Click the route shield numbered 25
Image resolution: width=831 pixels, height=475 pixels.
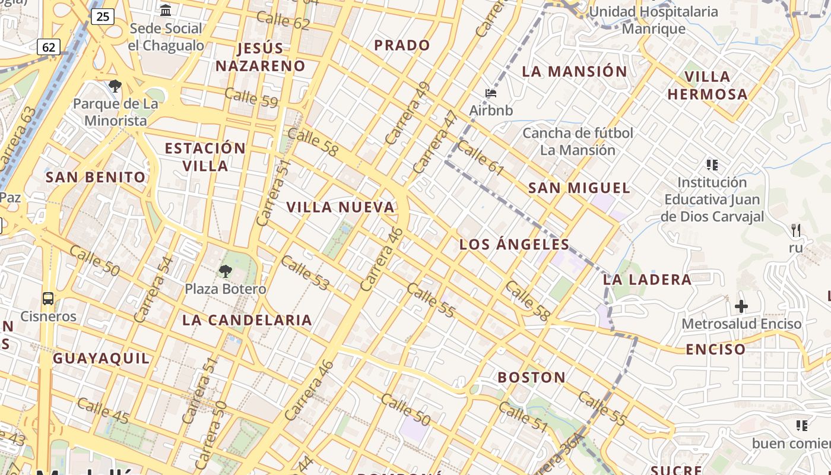[103, 16]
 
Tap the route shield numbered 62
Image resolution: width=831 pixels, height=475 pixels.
[49, 46]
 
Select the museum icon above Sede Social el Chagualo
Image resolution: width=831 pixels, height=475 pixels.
[166, 10]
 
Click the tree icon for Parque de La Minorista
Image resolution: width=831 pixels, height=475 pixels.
[115, 86]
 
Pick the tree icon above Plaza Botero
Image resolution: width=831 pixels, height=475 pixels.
[225, 271]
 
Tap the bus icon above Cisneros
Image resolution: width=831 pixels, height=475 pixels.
[48, 299]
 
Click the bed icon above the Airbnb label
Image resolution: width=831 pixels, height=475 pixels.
[491, 93]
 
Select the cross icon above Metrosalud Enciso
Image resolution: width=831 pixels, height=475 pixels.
[741, 306]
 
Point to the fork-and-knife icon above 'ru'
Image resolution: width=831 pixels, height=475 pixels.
[796, 230]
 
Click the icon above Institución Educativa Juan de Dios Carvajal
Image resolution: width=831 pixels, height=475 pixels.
[712, 164]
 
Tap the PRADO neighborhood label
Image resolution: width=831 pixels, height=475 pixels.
[402, 45]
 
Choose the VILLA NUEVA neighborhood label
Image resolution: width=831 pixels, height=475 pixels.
[341, 207]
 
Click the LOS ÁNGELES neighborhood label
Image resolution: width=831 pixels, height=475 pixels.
[515, 244]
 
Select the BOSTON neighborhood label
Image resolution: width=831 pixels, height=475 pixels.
[531, 377]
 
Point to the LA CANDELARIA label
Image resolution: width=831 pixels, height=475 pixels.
[247, 320]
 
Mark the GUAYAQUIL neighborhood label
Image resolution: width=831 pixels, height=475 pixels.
[102, 358]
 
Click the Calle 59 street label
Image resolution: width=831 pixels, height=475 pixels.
[251, 97]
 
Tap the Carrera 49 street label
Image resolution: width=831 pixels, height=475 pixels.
[407, 113]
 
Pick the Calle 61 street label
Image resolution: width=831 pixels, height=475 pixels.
[480, 158]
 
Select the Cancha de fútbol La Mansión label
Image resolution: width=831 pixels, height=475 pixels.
[578, 141]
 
